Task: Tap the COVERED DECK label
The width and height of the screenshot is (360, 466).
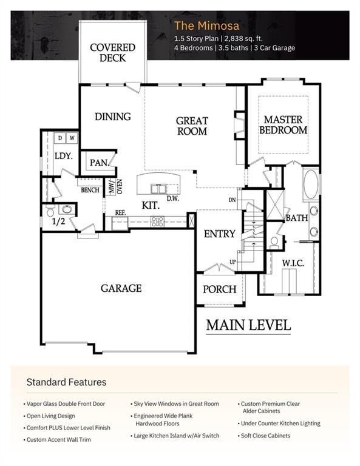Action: pyautogui.click(x=112, y=52)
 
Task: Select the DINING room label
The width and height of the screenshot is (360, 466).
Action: pyautogui.click(x=112, y=116)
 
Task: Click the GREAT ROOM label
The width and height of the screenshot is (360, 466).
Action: pyautogui.click(x=192, y=126)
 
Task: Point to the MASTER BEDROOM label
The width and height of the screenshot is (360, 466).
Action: pyautogui.click(x=284, y=125)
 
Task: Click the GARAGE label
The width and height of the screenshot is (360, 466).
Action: pyautogui.click(x=121, y=288)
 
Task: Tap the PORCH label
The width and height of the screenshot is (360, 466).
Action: pyautogui.click(x=219, y=289)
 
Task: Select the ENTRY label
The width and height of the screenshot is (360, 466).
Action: pyautogui.click(x=219, y=234)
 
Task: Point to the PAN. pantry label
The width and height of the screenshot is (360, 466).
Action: pyautogui.click(x=98, y=163)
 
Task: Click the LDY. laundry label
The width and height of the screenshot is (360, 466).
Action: pyautogui.click(x=63, y=156)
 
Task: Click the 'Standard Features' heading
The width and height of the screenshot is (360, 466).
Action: pyautogui.click(x=66, y=382)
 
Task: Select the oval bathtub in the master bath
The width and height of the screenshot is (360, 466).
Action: pyautogui.click(x=311, y=184)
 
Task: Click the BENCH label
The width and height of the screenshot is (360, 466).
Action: pyautogui.click(x=90, y=190)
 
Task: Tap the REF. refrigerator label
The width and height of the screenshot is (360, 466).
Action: pyautogui.click(x=120, y=212)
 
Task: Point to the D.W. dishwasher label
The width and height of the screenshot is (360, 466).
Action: pyautogui.click(x=172, y=198)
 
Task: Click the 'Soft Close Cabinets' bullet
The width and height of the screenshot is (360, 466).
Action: pyautogui.click(x=266, y=436)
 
